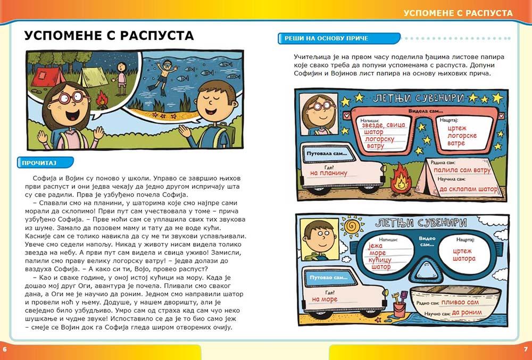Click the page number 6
click(x=5, y=349)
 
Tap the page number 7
click(x=526, y=349)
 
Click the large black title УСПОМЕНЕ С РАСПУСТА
click(x=109, y=36)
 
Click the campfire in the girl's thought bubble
click(x=101, y=98)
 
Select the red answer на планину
click(x=329, y=173)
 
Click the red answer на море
click(x=325, y=299)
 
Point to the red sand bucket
click(x=398, y=308)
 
